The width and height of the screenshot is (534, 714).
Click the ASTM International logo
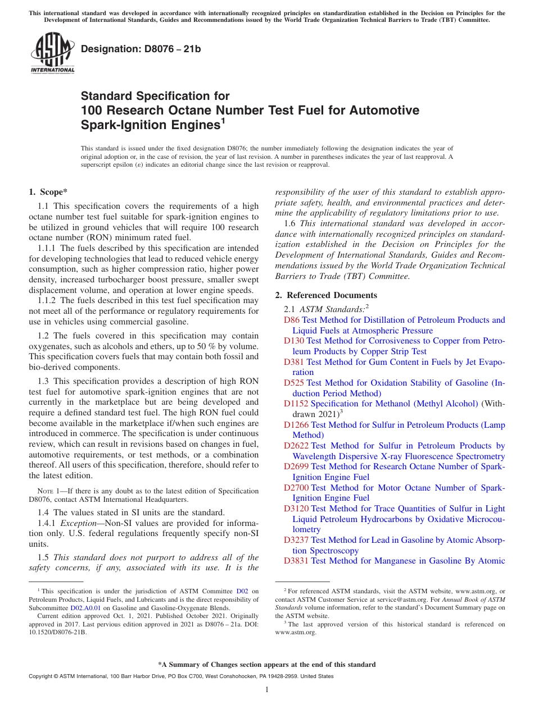[52, 53]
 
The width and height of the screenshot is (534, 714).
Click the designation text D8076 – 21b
[141, 49]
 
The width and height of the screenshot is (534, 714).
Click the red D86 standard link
[292, 320]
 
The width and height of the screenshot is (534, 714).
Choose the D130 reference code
[294, 341]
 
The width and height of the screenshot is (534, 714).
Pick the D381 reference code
[294, 362]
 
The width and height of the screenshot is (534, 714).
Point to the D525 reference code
[294, 383]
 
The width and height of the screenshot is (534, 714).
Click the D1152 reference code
[296, 404]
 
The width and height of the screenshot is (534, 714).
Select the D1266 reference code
[296, 425]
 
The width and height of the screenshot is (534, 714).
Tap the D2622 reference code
[296, 446]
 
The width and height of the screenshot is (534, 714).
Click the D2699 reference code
[296, 466]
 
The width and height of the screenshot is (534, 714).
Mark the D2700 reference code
[296, 488]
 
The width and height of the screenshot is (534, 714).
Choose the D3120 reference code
[296, 509]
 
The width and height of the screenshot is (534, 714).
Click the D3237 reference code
[296, 540]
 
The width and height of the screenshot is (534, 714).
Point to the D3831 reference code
[296, 561]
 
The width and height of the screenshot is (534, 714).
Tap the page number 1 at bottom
[267, 690]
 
